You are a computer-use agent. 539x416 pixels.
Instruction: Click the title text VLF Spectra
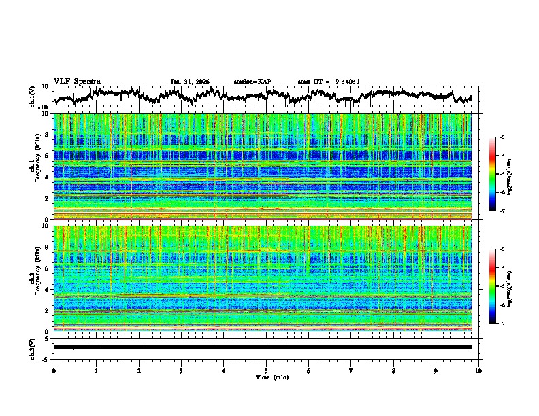[77, 81]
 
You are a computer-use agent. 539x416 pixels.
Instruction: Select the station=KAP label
[252, 82]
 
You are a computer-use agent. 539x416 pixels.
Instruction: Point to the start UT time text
[329, 82]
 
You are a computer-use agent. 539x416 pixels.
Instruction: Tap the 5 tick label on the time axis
[266, 370]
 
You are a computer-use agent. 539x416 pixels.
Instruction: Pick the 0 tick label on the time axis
[54, 370]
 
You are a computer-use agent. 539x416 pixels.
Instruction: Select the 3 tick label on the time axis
[181, 370]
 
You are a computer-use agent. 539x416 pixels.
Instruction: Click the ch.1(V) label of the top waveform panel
[32, 97]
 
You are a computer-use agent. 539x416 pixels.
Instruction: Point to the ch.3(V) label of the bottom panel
[32, 347]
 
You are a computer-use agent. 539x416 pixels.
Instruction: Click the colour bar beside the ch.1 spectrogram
[499, 174]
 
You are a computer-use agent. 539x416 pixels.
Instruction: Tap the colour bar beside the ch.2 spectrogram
[499, 286]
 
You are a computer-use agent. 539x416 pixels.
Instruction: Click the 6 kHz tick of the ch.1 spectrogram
[47, 156]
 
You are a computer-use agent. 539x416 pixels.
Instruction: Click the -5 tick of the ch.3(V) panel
[46, 358]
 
